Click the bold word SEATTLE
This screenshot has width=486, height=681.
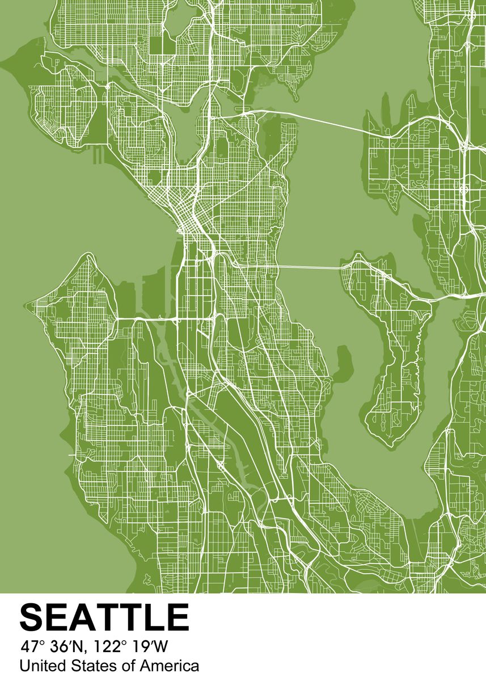(x=104, y=617)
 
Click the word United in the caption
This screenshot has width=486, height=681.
(x=38, y=666)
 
